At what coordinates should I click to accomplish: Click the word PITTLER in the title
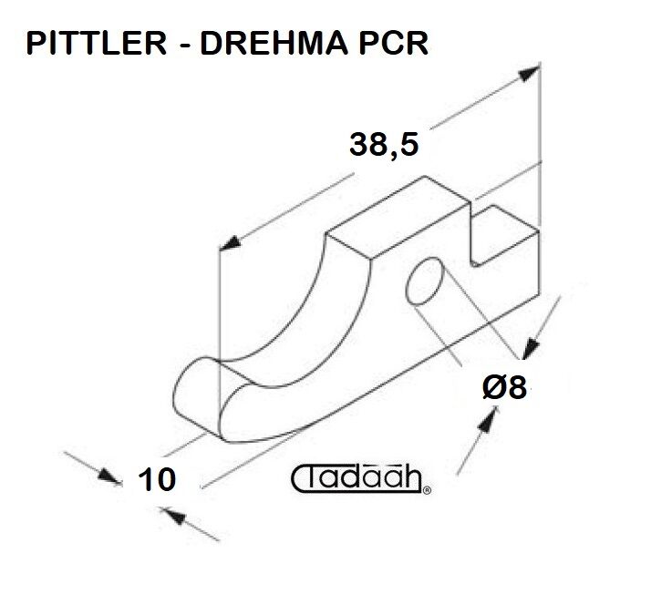click(97, 43)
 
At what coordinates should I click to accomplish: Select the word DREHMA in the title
click(274, 43)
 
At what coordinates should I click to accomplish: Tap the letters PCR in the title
click(393, 43)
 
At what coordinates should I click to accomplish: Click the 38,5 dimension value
click(384, 144)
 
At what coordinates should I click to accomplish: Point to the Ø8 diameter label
click(504, 387)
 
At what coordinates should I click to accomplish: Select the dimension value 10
click(157, 479)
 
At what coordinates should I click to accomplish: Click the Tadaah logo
click(359, 479)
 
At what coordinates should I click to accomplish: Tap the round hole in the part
click(425, 282)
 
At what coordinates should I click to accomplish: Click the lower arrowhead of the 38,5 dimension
click(230, 243)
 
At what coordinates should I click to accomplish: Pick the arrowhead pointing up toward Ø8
click(487, 420)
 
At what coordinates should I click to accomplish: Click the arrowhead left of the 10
click(110, 476)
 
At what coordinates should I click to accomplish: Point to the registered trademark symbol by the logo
click(427, 491)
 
